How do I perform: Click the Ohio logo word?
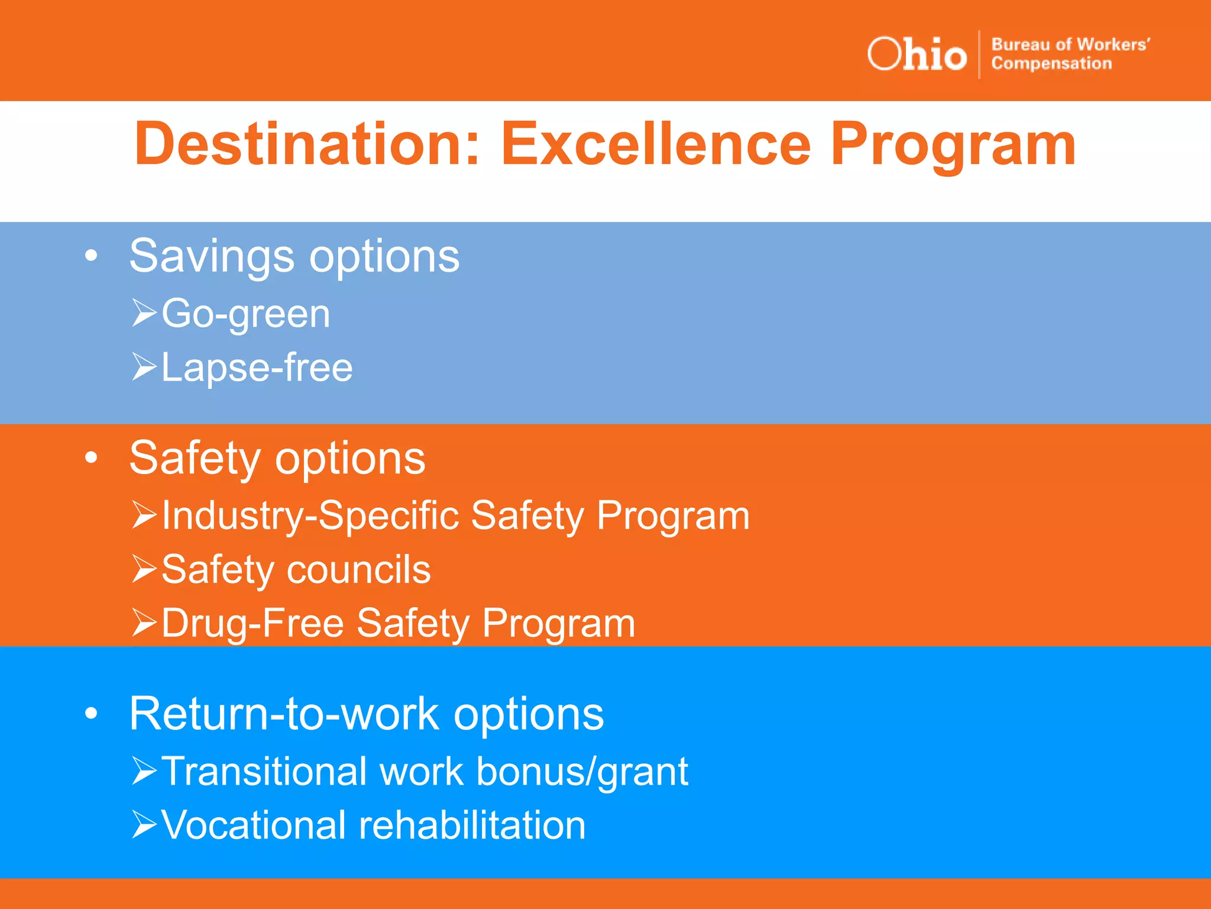coord(917,54)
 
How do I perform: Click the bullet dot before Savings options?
coord(90,256)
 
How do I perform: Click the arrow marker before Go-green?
coord(144,313)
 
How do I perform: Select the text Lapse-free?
coord(257,368)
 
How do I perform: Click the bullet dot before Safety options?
coord(90,457)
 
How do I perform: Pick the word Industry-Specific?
coord(310,515)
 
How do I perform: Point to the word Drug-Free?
coord(252,623)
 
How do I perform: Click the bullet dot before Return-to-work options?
coord(90,714)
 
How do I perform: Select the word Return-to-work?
coord(284,714)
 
